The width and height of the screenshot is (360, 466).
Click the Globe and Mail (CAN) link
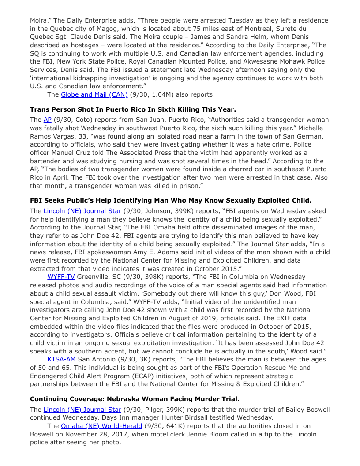(94, 94)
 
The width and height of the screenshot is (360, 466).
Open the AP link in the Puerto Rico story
(47, 120)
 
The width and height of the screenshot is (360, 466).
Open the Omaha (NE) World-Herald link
(101, 426)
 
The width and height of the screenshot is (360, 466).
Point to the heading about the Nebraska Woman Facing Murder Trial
(135, 399)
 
